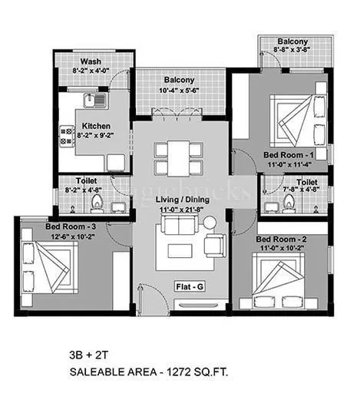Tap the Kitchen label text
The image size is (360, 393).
[x=97, y=125]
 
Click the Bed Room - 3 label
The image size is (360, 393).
[x=69, y=226]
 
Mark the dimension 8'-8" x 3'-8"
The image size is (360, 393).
[x=294, y=49]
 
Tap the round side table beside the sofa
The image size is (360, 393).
[x=210, y=224]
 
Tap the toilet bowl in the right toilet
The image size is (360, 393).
[x=289, y=203]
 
